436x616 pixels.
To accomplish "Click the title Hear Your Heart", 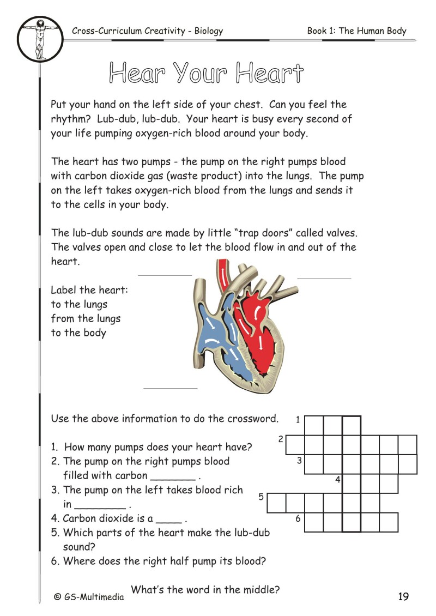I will point(206,73).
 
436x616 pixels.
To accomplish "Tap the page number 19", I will point(403,596).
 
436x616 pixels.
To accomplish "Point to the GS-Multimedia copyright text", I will point(89,597).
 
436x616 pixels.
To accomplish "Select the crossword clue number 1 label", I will point(298,420).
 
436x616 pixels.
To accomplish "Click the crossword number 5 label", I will point(261,497).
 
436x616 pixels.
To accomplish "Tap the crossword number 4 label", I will point(337,480).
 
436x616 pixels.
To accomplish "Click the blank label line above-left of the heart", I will point(165,275).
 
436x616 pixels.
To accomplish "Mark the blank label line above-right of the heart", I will point(324,278).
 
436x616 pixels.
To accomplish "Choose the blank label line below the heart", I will point(170,388).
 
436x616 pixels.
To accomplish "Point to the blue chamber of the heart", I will point(215,338).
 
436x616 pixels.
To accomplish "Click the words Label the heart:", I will point(89,290).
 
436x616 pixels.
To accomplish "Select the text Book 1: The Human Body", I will point(356,31).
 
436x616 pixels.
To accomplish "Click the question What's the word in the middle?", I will point(206,589).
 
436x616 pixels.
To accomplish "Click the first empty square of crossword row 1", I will point(313,425).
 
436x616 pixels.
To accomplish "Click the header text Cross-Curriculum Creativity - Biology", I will point(147,31).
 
